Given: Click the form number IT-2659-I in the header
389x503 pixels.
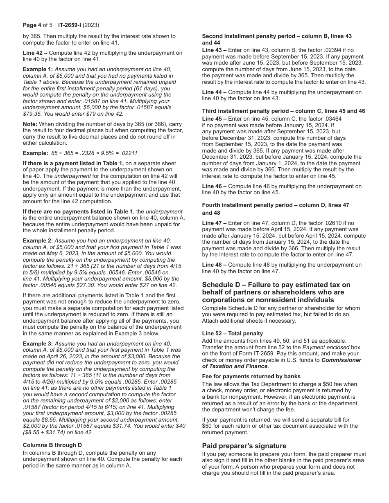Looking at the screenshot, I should (72, 25).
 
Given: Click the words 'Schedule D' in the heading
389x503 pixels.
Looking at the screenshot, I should (222, 285).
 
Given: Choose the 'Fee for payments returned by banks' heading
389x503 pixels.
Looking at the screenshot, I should (251, 376).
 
